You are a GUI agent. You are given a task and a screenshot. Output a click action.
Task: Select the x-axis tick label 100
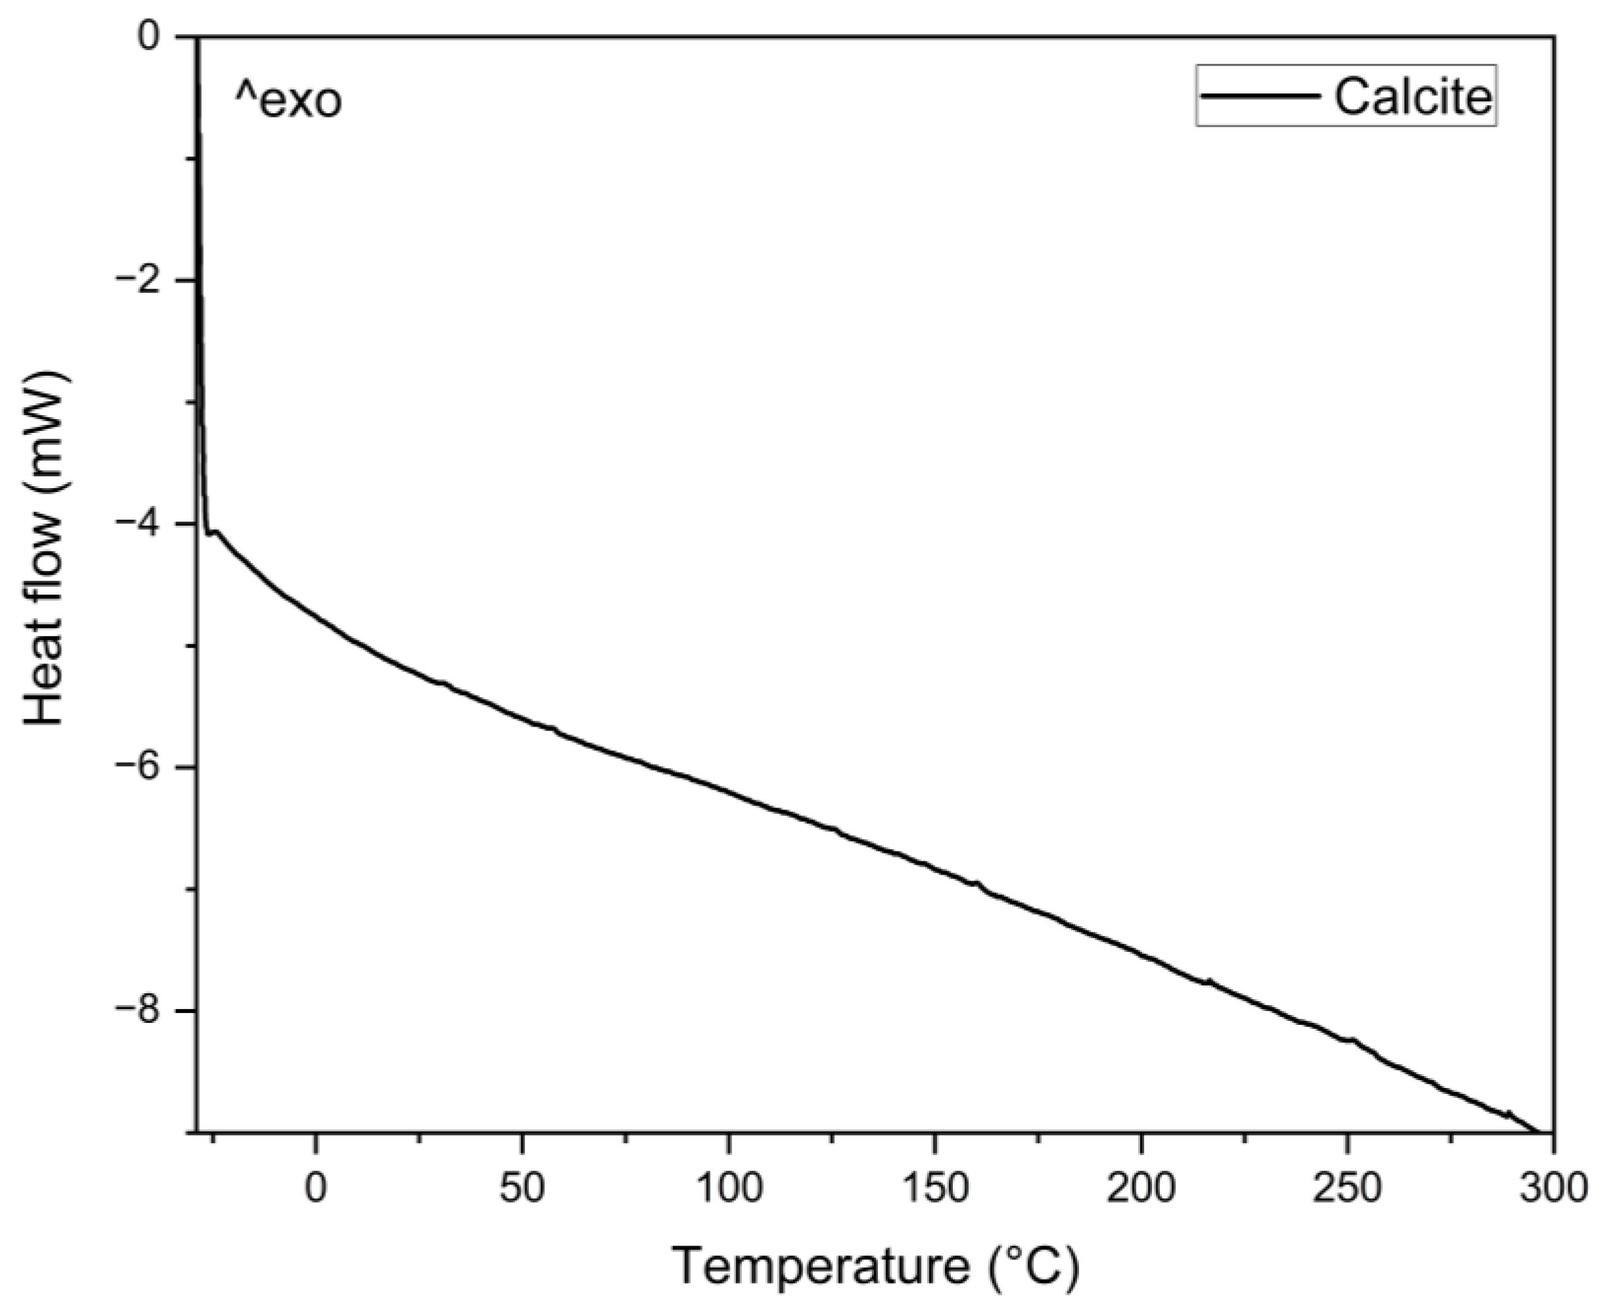pyautogui.click(x=728, y=1189)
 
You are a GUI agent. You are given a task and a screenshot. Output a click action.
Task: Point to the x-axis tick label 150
pyautogui.click(x=934, y=1189)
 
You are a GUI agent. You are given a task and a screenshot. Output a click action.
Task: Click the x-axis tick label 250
pyautogui.click(x=1346, y=1189)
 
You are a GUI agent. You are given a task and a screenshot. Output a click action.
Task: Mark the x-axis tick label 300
pyautogui.click(x=1553, y=1189)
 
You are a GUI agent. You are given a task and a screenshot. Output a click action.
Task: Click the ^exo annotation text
pyautogui.click(x=288, y=102)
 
